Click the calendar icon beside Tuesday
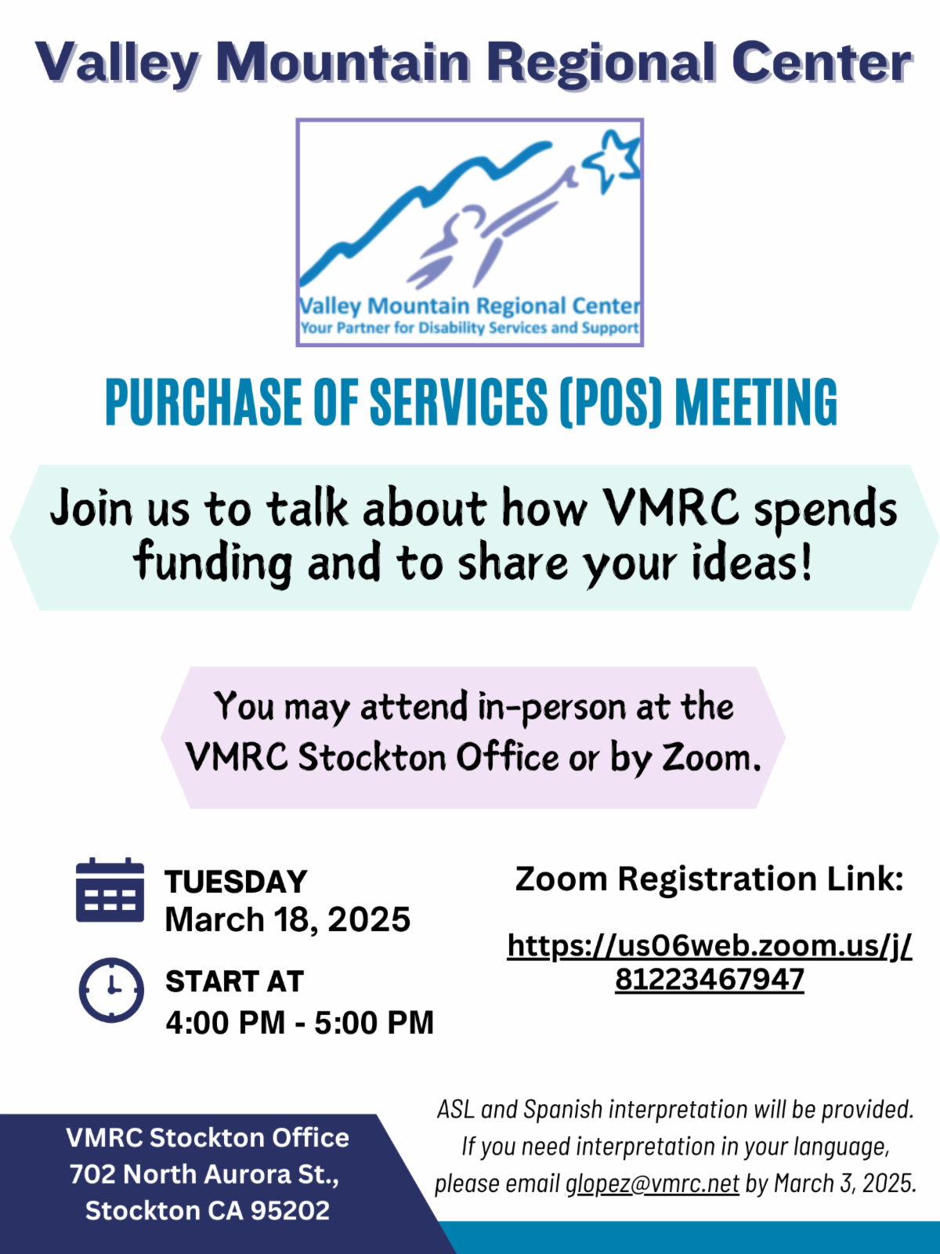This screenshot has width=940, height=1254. (x=110, y=890)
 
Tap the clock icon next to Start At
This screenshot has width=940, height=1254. (x=111, y=990)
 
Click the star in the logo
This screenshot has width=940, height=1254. (x=611, y=160)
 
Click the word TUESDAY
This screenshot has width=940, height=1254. (x=237, y=882)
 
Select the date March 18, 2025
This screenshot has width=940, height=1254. (x=287, y=919)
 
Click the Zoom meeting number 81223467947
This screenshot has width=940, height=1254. (x=710, y=979)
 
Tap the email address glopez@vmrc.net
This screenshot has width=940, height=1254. (x=652, y=1184)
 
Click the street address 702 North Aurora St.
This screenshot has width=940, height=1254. (x=204, y=1174)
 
